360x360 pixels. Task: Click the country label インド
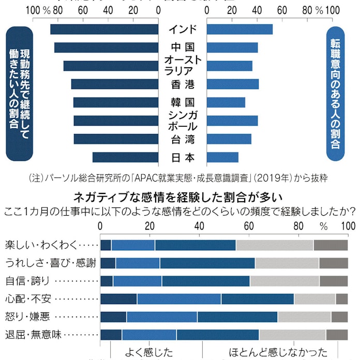pyautogui.click(x=184, y=29)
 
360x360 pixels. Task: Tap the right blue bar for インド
pyautogui.click(x=239, y=29)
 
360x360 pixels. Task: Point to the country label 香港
pyautogui.click(x=184, y=84)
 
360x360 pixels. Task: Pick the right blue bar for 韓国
pyautogui.click(x=226, y=102)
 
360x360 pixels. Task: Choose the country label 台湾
pyautogui.click(x=184, y=139)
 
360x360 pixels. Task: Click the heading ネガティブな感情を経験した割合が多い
pyautogui.click(x=178, y=197)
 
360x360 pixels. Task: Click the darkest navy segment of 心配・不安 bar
pyautogui.click(x=118, y=299)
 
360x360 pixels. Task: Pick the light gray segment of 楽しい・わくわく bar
pyautogui.click(x=275, y=245)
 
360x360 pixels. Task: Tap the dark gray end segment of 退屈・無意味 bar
pyautogui.click(x=337, y=335)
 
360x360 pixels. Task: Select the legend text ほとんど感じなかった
pyautogui.click(x=278, y=353)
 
